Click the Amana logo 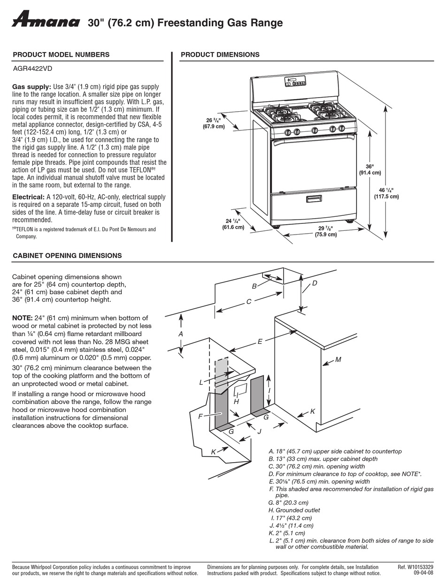46,20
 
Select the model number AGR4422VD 32,68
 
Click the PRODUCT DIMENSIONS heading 220,54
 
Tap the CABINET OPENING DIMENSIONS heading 67,256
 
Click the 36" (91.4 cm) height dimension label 370,169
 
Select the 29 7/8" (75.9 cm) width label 325,231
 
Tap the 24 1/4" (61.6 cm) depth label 233,224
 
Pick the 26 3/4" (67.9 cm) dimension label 214,123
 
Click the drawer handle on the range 314,199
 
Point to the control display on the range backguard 295,83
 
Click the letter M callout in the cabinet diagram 338,360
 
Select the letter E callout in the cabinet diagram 260,342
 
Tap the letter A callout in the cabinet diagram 180,334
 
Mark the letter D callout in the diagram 315,283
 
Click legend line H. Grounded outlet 294,510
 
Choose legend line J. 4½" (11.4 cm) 292,525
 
